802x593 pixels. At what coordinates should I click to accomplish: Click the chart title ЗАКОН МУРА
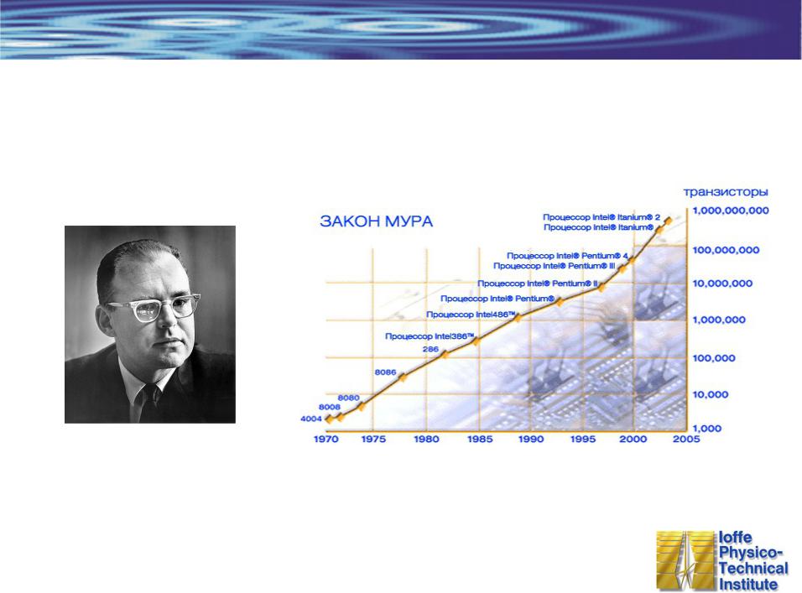[376, 221]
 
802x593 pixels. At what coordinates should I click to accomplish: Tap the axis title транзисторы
[726, 192]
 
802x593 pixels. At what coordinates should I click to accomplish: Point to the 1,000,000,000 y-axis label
[731, 211]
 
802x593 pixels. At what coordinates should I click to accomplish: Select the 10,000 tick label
[710, 395]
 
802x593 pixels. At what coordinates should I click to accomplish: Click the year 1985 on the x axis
[480, 440]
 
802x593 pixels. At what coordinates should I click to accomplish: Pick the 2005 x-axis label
[686, 440]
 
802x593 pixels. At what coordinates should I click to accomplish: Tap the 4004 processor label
[311, 419]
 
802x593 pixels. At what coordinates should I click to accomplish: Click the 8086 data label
[385, 372]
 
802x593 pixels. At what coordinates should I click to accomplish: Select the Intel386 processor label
[430, 336]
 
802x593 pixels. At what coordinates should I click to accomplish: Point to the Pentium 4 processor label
[567, 256]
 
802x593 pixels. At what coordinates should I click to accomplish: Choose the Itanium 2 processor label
[601, 217]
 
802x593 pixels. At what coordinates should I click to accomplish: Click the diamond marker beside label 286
[445, 355]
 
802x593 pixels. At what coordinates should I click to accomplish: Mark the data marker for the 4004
[329, 419]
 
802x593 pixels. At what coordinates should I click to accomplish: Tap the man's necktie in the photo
[150, 403]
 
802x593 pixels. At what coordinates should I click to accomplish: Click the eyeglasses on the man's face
[154, 308]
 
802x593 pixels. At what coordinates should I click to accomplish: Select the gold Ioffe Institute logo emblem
[686, 561]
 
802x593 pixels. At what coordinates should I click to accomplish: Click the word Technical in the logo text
[753, 569]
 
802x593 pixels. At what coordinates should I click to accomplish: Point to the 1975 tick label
[373, 440]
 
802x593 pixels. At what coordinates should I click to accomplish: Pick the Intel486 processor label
[470, 315]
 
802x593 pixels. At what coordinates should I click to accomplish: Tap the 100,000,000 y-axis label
[726, 251]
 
